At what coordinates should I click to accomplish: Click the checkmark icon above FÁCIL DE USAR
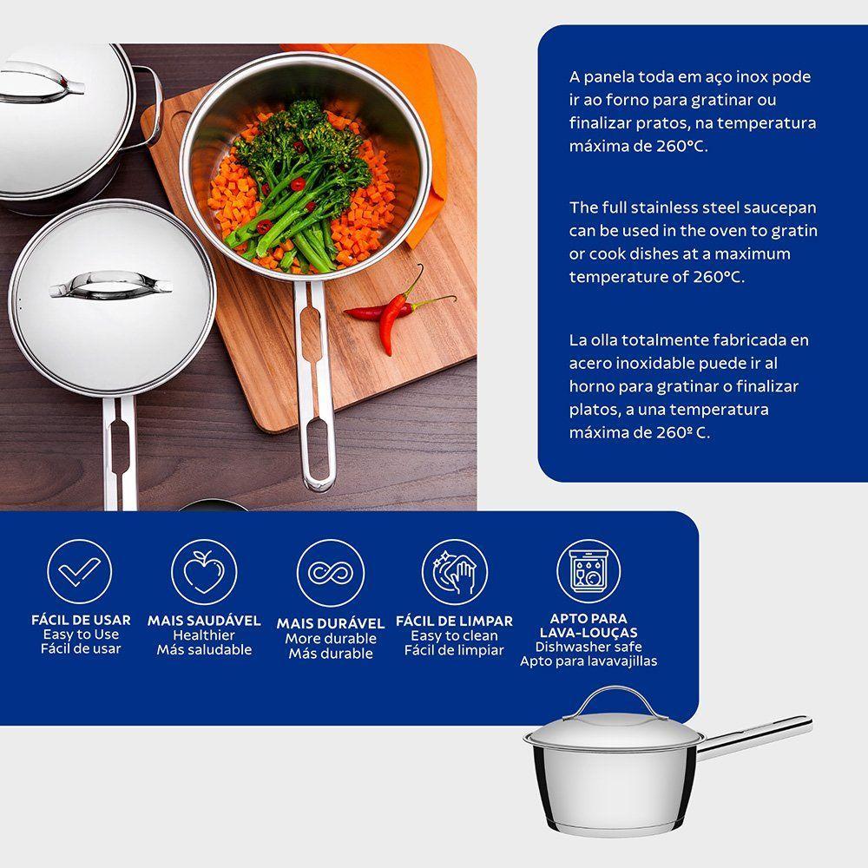pyautogui.click(x=79, y=571)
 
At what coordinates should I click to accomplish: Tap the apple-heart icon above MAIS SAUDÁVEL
pyautogui.click(x=204, y=572)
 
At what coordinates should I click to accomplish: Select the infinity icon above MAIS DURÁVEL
pyautogui.click(x=331, y=573)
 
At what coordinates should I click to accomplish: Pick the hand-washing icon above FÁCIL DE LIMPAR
pyautogui.click(x=455, y=572)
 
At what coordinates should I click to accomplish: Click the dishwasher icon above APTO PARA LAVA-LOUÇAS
pyautogui.click(x=588, y=571)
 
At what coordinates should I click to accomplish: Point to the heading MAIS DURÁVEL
pyautogui.click(x=331, y=623)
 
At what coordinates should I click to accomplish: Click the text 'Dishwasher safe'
pyautogui.click(x=589, y=647)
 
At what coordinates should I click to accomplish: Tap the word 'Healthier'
pyautogui.click(x=204, y=635)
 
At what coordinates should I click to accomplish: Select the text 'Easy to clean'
pyautogui.click(x=454, y=635)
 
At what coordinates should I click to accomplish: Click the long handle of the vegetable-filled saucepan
pyautogui.click(x=313, y=385)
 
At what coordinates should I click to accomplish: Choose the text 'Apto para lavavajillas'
pyautogui.click(x=589, y=661)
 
